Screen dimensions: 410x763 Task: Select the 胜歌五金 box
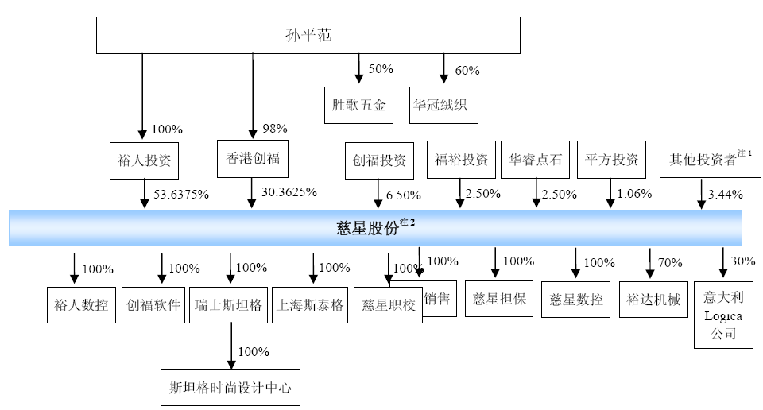tap(359, 105)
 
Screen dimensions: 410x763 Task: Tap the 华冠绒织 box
tap(443, 105)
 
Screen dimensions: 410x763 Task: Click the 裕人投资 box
tap(144, 160)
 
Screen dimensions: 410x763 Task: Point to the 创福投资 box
tap(379, 160)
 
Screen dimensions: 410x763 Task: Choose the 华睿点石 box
tap(535, 160)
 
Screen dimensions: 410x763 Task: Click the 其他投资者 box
tap(706, 160)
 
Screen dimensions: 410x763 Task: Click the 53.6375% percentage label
tap(181, 195)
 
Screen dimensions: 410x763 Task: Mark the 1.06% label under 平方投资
tap(634, 193)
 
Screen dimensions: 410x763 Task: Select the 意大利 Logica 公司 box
tap(722, 315)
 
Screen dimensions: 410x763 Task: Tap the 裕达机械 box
tap(653, 300)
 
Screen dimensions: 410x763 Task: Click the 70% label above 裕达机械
tap(670, 262)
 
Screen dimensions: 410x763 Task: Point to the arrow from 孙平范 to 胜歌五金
tap(359, 69)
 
